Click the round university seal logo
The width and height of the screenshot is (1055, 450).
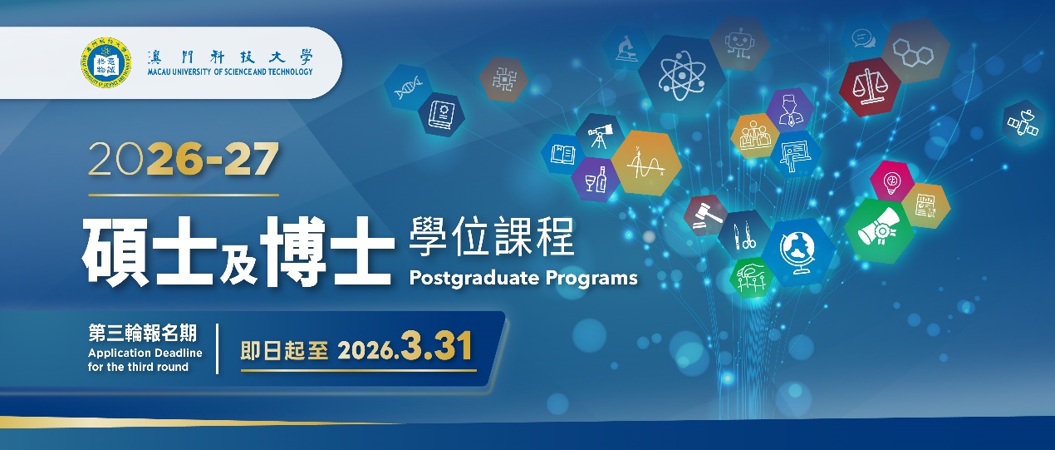[x=105, y=63]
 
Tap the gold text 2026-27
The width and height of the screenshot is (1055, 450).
[x=184, y=160]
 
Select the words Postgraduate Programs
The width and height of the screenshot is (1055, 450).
[x=523, y=278]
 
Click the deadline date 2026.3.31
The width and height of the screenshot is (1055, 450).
[x=405, y=347]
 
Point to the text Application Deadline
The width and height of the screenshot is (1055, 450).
[x=145, y=353]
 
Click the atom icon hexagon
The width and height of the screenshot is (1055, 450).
[x=681, y=76]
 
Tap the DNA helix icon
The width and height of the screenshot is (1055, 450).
[x=407, y=87]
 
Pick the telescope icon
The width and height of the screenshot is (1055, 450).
[x=600, y=136]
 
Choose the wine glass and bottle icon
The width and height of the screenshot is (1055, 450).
[x=596, y=180]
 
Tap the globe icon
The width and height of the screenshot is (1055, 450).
[x=799, y=253]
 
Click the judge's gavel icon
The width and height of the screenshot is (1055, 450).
[x=706, y=215]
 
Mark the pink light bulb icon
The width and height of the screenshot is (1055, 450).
[x=891, y=181]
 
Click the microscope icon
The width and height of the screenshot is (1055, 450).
[x=627, y=48]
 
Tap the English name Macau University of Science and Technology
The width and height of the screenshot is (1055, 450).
[x=230, y=72]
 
